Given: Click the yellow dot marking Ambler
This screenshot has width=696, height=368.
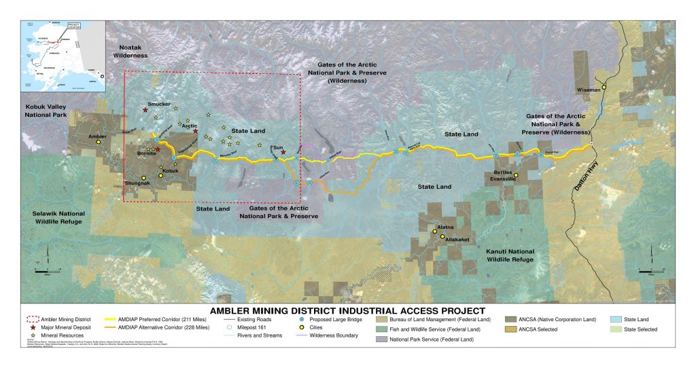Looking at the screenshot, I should point(98,143).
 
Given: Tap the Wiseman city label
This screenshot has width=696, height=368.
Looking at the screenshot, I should point(590,89).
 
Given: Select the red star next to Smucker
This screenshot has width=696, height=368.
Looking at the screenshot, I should point(145,109).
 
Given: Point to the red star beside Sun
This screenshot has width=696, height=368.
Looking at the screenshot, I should point(283,152).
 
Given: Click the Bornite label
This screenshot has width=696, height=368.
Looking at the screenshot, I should point(147,154).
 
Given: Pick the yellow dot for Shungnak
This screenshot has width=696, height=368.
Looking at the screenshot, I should point(143,178).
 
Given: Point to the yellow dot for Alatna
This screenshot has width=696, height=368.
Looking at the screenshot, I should point(435,232).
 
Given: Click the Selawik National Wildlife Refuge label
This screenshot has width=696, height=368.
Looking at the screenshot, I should point(58,217).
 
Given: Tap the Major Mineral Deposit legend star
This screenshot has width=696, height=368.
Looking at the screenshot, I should point(33,327).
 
